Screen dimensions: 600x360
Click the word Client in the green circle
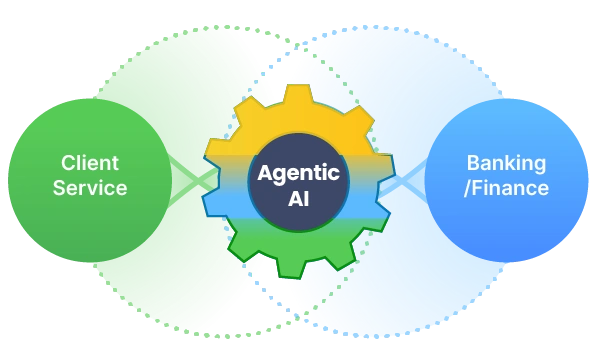tap(90, 163)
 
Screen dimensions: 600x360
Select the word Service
tap(90, 188)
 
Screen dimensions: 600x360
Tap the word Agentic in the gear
tap(298, 174)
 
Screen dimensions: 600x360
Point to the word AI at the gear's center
tap(298, 199)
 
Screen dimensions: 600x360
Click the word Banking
tap(506, 164)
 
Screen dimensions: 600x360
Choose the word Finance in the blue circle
tap(510, 188)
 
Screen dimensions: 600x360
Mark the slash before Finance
tap(467, 188)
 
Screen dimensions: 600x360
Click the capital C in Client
tap(68, 163)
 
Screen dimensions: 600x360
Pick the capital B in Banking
tap(473, 163)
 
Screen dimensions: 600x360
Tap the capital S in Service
tap(60, 188)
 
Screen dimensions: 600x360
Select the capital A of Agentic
tap(266, 173)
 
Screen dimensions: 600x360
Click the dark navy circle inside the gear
tap(298, 182)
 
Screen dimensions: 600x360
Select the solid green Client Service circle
tap(90, 181)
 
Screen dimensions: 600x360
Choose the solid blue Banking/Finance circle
tap(506, 181)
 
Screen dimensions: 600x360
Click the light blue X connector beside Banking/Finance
tap(403, 180)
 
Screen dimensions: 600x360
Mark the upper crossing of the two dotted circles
tap(297, 45)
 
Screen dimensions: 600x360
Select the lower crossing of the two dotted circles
tap(297, 317)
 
